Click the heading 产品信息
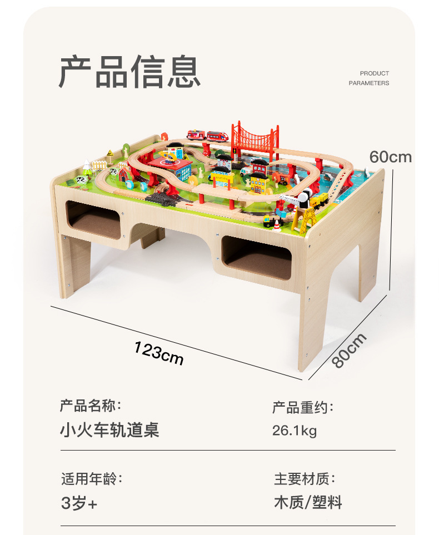(x=129, y=72)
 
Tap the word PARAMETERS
(x=369, y=83)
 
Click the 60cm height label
(x=391, y=157)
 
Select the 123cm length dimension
(x=158, y=353)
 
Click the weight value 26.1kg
(x=295, y=431)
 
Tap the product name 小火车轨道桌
(x=109, y=430)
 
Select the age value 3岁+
(x=79, y=503)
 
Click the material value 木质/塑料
(x=308, y=503)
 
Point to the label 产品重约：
(x=303, y=408)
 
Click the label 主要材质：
(x=305, y=478)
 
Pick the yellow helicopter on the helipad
(x=169, y=155)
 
